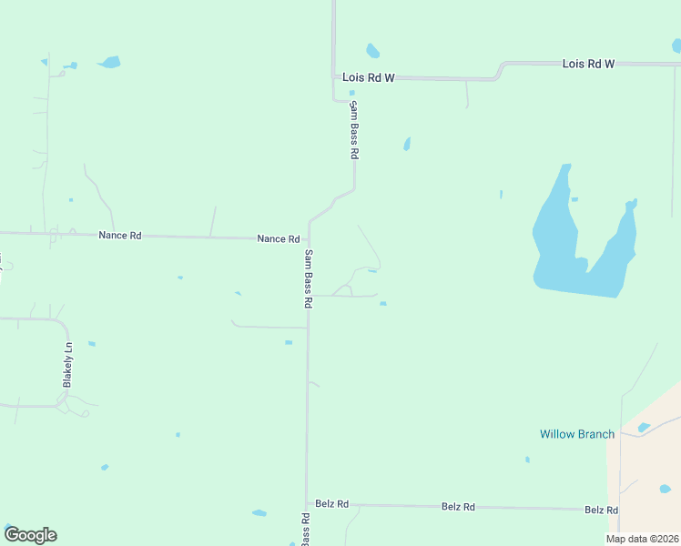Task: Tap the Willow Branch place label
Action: (x=577, y=434)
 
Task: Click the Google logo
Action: (x=30, y=535)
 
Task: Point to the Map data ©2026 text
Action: (x=642, y=539)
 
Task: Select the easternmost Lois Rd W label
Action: (x=588, y=64)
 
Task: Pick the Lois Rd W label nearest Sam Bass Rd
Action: (x=369, y=78)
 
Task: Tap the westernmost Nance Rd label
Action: (x=120, y=236)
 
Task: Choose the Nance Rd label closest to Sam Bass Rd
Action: (x=278, y=239)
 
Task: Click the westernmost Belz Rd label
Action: (x=332, y=503)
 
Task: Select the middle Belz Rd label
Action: (x=458, y=506)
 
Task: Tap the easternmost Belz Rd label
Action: (x=602, y=511)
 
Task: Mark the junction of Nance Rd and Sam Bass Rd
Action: (x=308, y=239)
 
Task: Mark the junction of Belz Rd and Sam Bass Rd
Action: (x=307, y=503)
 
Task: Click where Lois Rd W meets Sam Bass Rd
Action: (x=335, y=77)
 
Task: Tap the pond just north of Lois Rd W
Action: (x=372, y=50)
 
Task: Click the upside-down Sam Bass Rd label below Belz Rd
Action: (x=306, y=529)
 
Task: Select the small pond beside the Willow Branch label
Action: (x=644, y=428)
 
